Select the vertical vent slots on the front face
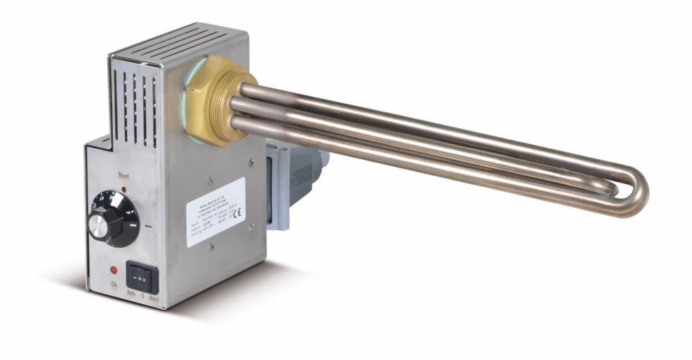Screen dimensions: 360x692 coord(135,104)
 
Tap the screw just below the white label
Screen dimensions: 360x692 coord(212,248)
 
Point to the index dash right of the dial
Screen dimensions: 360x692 coord(150,226)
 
